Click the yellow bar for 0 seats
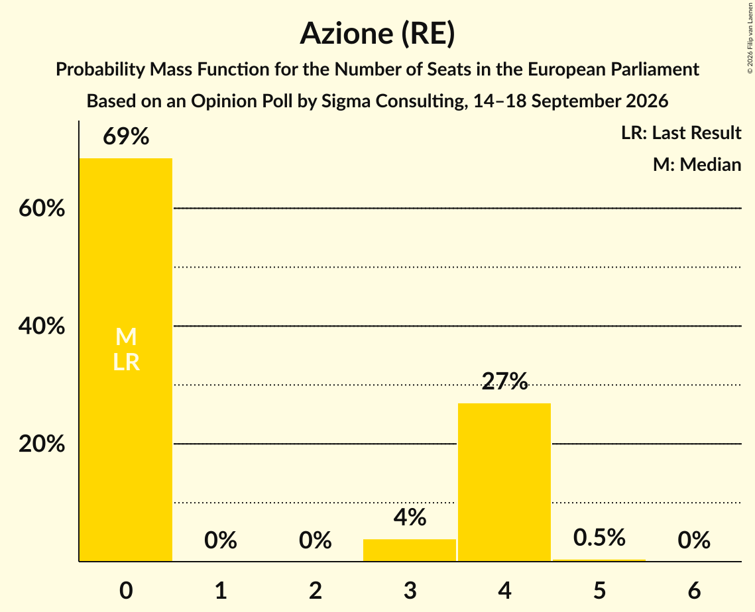126,360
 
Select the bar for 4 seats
504,482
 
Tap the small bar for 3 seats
409,550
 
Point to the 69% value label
126,136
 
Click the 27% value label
504,381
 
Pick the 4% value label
410,517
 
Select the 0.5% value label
599,537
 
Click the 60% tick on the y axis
42,209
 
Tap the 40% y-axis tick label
42,327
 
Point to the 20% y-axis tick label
42,444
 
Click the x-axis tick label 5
599,590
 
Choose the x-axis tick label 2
316,590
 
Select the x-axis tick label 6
694,590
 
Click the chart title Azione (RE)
378,34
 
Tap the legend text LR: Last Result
681,132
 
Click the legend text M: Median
697,164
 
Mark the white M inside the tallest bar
126,336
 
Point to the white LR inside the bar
126,362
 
